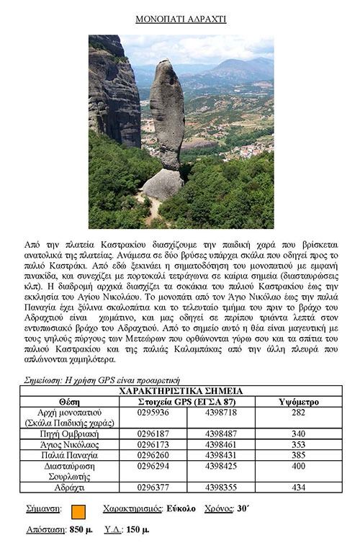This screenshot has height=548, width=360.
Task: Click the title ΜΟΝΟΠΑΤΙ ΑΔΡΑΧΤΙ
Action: [181, 19]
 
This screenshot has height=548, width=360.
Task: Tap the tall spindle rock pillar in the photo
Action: [168, 115]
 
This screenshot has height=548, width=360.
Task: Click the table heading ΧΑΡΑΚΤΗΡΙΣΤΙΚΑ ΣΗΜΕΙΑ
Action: [181, 391]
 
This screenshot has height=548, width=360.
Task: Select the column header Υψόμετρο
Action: [297, 402]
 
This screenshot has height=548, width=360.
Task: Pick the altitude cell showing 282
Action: [297, 413]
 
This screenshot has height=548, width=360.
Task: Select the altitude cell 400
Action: [297, 466]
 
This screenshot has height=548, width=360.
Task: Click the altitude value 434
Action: [297, 488]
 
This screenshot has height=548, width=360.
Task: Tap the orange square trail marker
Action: [78, 511]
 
